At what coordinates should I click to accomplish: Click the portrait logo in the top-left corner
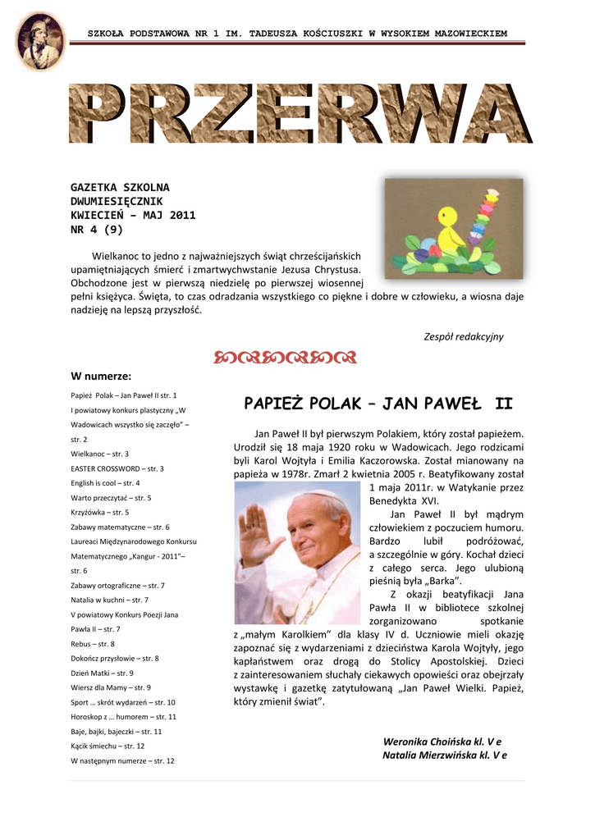coord(40,41)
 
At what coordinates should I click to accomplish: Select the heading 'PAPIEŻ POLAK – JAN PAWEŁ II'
coord(378,404)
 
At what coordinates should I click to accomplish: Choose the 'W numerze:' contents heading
coord(101,377)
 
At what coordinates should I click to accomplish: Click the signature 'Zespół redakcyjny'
coord(463,337)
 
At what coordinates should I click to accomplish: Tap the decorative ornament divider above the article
coord(285,357)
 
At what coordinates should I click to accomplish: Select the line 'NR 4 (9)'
coord(97,231)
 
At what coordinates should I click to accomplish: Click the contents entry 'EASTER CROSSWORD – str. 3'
coord(117,468)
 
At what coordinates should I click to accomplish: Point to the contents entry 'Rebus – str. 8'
coord(93,644)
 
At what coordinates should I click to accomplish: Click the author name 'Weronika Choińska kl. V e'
coord(442,742)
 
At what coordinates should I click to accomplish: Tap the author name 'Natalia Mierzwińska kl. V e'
coord(444,756)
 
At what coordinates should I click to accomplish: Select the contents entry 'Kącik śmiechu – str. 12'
coord(108,746)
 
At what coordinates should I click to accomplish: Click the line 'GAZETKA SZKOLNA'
coord(120,188)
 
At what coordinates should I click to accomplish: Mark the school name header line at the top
coord(297,34)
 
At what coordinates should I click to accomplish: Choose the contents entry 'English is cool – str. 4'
coord(105,483)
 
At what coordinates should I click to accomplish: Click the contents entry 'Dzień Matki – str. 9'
coord(102,673)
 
